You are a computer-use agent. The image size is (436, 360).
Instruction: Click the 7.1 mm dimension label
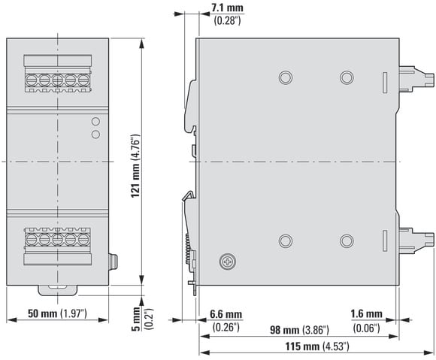click(x=227, y=8)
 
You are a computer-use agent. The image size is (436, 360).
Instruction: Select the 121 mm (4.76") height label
click(x=136, y=166)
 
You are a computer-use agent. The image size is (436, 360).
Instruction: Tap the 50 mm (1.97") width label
click(x=57, y=314)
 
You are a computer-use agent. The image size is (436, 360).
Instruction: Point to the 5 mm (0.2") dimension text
click(x=142, y=319)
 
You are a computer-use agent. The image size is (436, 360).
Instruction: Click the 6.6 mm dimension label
click(x=226, y=314)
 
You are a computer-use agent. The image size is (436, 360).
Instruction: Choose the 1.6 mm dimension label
click(x=366, y=314)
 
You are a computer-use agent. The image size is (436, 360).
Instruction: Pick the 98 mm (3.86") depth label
click(x=299, y=330)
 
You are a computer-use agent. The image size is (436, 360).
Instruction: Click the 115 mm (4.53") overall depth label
click(x=317, y=346)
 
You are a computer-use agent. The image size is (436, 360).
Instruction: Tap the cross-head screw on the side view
click(x=228, y=262)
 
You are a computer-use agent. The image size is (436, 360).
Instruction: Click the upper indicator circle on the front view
click(x=95, y=121)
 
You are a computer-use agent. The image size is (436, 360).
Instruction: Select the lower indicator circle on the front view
click(x=95, y=135)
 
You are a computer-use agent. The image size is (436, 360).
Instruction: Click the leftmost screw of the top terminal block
click(x=32, y=80)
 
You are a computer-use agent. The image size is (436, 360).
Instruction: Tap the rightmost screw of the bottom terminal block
click(x=83, y=239)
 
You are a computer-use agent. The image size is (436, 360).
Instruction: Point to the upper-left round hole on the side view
click(x=286, y=77)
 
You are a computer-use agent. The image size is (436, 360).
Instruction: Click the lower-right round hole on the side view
click(x=347, y=241)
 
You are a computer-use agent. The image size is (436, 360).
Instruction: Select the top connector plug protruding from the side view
click(x=416, y=78)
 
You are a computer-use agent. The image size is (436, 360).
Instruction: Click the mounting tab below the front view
click(x=58, y=291)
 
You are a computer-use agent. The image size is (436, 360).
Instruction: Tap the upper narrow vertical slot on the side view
click(x=385, y=83)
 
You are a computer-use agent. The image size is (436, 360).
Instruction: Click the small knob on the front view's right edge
click(x=113, y=262)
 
